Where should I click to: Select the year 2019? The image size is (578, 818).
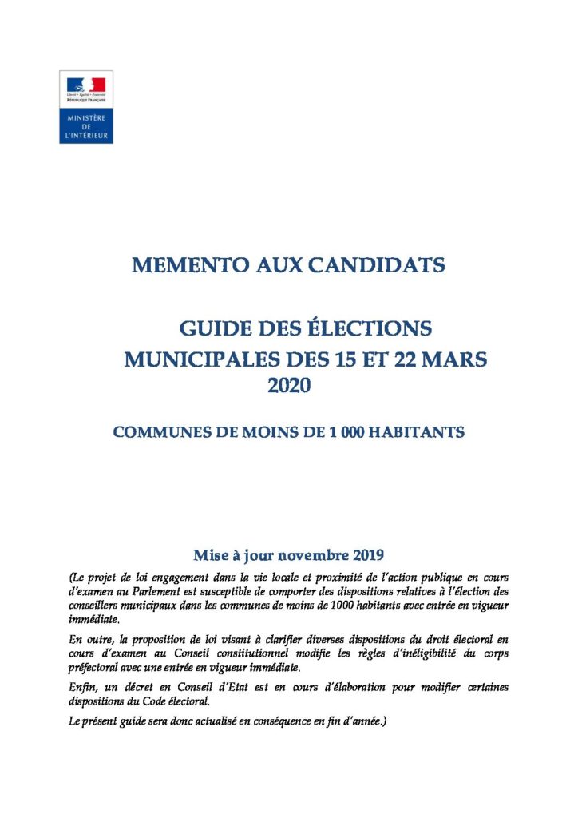click(366, 554)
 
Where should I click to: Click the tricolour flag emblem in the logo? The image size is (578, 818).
click(86, 85)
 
